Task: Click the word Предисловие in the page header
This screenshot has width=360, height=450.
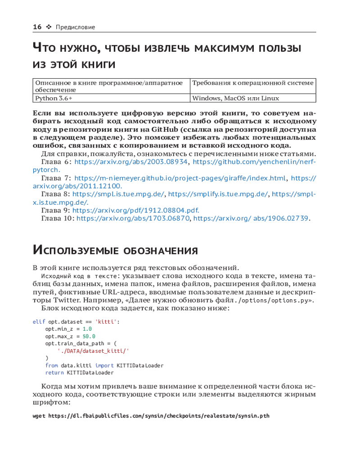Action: (75, 27)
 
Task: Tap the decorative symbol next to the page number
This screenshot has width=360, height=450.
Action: (49, 27)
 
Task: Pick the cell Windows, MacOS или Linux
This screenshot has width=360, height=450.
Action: (235, 98)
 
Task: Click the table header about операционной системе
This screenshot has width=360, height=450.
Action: (252, 83)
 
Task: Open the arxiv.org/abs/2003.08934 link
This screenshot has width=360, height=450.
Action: (130, 162)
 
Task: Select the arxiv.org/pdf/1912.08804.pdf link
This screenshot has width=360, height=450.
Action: (135, 210)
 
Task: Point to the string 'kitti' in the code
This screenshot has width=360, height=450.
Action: (109, 322)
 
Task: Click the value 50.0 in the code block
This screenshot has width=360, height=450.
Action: (89, 336)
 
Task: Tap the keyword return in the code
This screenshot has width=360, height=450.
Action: (55, 373)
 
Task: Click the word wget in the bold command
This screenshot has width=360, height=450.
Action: (39, 416)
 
